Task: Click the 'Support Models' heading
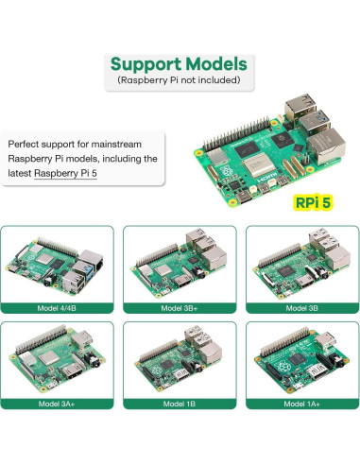pyautogui.click(x=179, y=65)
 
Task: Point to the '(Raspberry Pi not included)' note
pyautogui.click(x=179, y=81)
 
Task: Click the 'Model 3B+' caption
pyautogui.click(x=180, y=307)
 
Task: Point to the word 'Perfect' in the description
pyautogui.click(x=26, y=144)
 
